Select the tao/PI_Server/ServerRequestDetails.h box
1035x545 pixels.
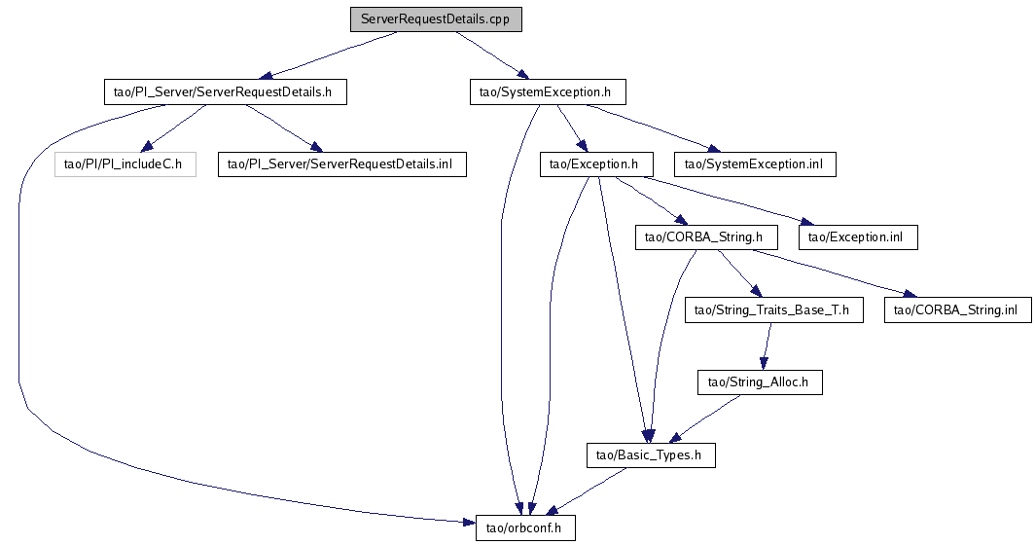[225, 92]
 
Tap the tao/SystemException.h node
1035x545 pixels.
[546, 92]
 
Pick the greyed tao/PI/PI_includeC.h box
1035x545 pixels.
[125, 164]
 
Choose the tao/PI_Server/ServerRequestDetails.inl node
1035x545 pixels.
[341, 164]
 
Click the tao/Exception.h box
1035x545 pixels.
[595, 164]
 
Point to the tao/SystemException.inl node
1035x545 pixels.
[755, 164]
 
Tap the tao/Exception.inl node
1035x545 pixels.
[858, 237]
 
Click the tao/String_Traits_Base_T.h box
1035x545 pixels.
[773, 310]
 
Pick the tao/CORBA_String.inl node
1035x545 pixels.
[957, 310]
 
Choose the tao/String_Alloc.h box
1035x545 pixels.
[760, 382]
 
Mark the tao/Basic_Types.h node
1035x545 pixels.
[651, 455]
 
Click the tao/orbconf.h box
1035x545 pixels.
[526, 528]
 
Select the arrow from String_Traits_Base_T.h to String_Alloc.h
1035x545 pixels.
[767, 346]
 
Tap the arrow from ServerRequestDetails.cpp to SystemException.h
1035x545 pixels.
[490, 55]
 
